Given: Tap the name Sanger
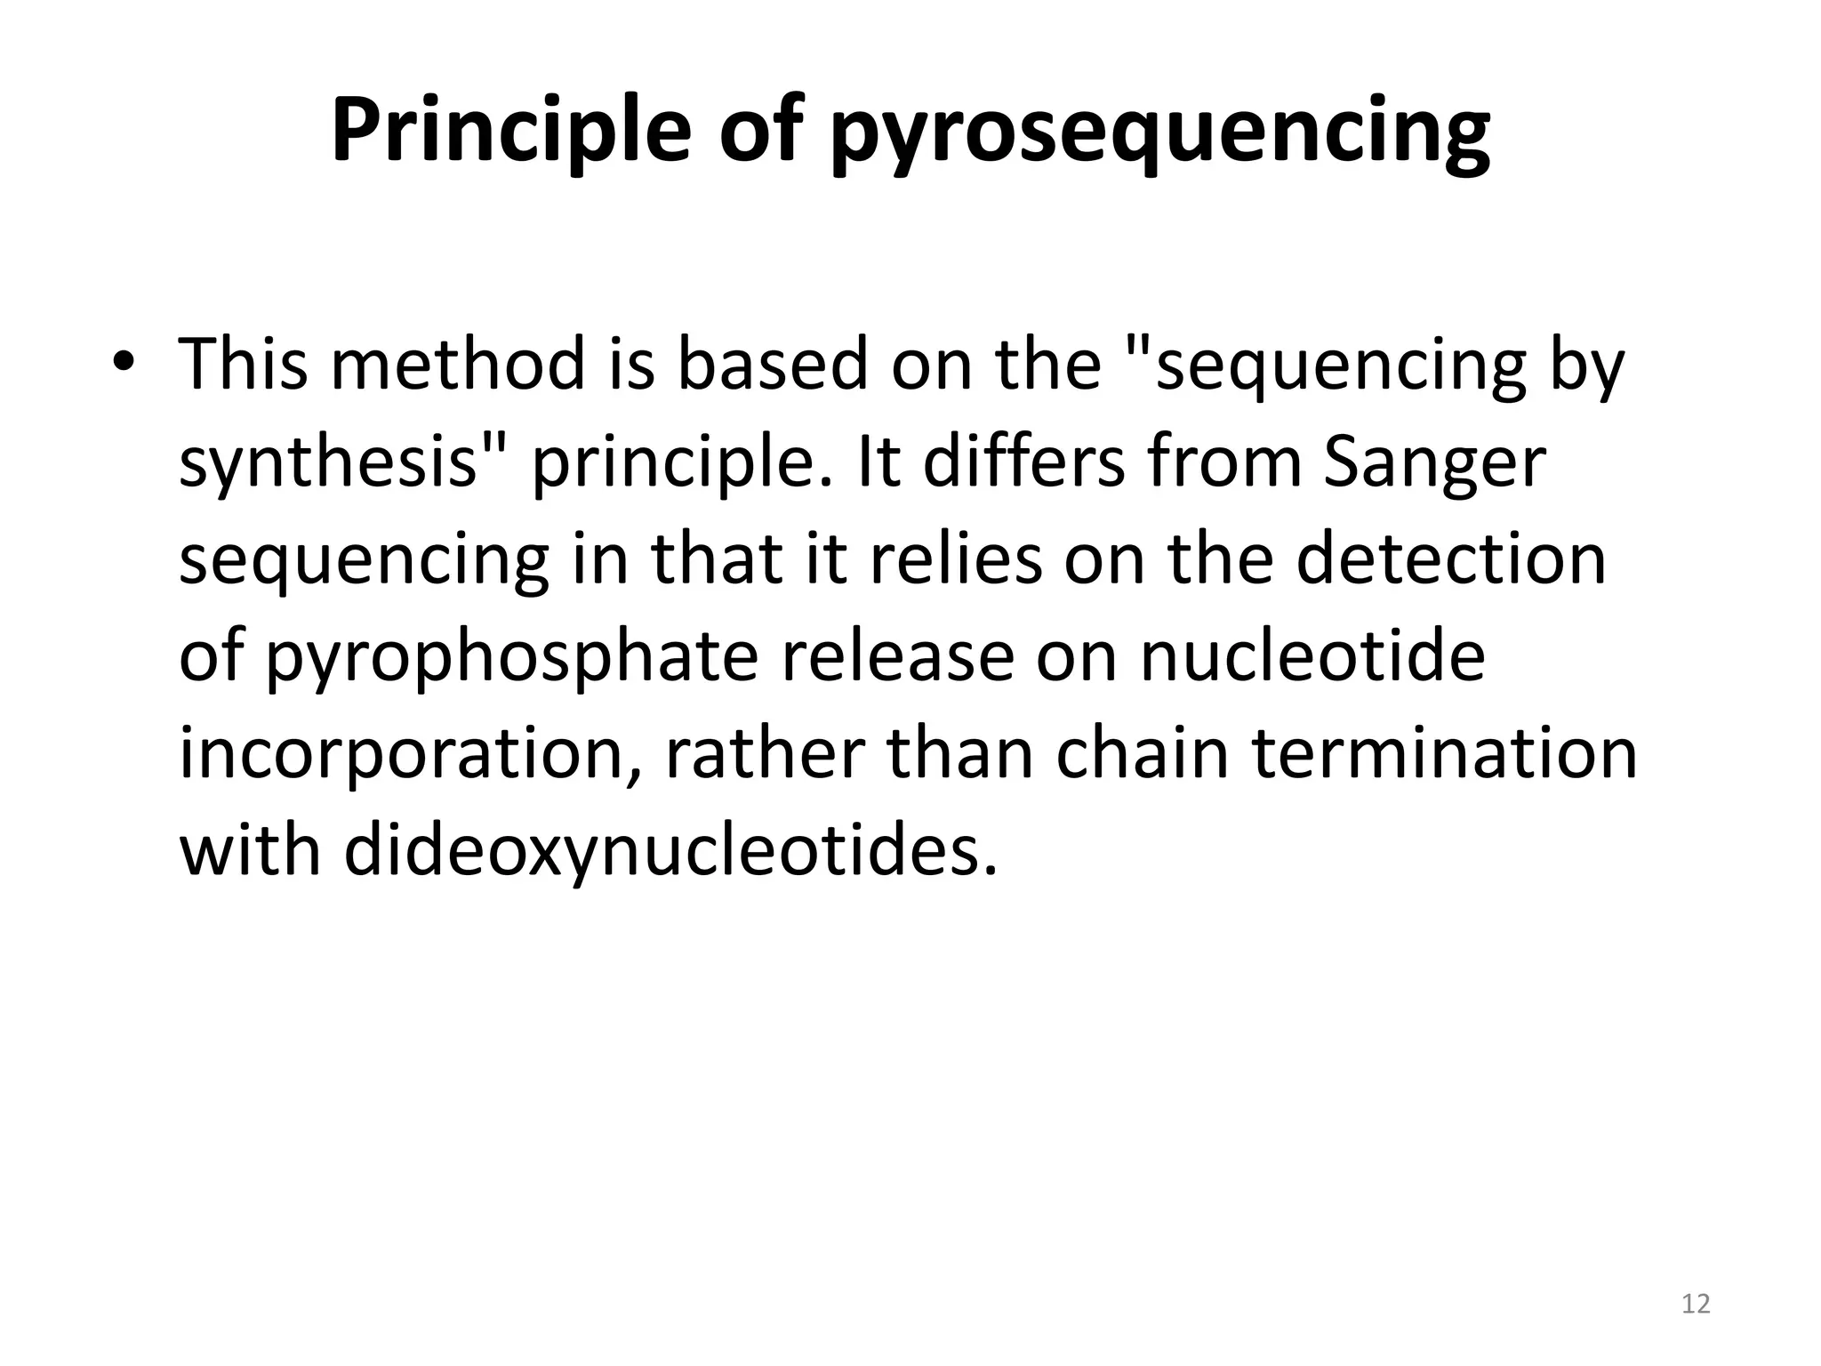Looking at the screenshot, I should click(1434, 464).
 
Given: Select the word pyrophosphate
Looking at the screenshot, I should click(512, 658).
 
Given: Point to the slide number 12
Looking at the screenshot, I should click(1696, 1304).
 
